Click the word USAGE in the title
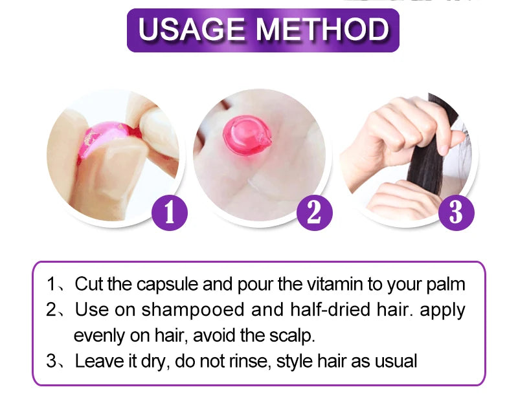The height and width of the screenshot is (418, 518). click(192, 29)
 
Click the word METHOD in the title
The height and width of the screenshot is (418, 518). click(322, 29)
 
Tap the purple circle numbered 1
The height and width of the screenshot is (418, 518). click(170, 213)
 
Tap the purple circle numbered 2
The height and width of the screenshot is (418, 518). click(315, 213)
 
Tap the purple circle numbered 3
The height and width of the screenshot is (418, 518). click(456, 213)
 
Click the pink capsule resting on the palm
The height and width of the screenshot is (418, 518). click(247, 135)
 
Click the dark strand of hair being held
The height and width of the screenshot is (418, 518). click(429, 149)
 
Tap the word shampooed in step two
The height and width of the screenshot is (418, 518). click(193, 310)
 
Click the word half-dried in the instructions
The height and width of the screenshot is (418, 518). click(330, 309)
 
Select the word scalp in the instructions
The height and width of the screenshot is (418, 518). click(292, 336)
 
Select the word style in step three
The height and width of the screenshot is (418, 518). click(295, 361)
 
